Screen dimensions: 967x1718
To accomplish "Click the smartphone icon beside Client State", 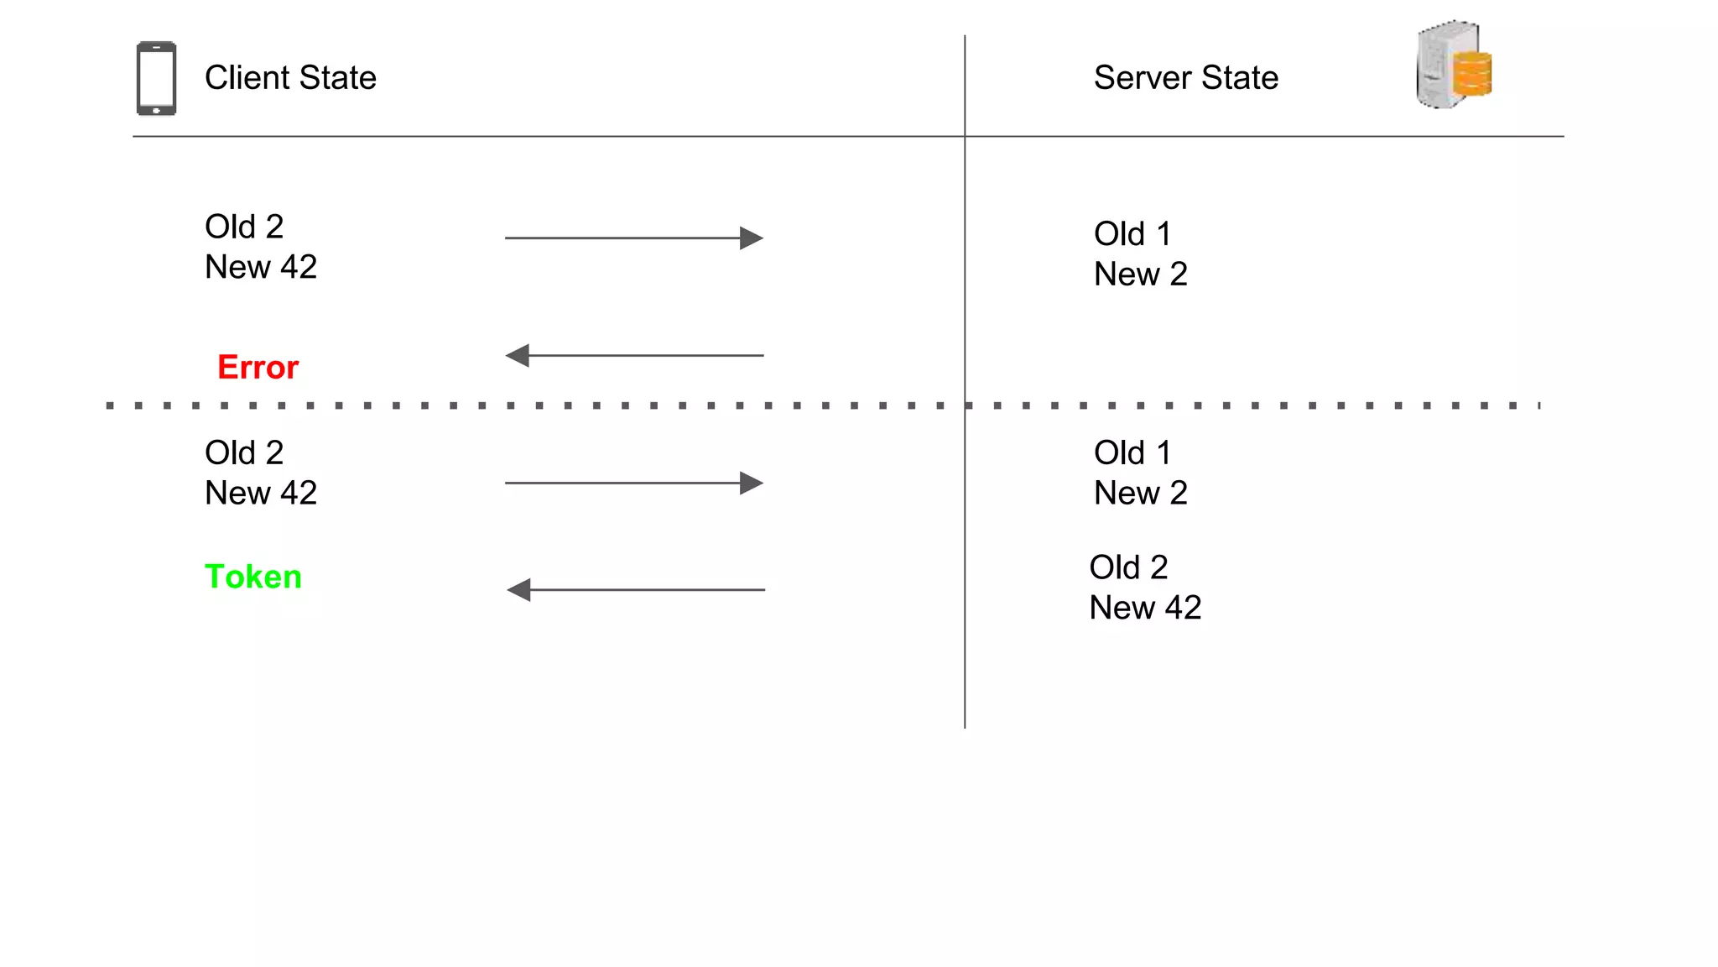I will (x=156, y=78).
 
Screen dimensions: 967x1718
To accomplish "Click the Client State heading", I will (x=290, y=78).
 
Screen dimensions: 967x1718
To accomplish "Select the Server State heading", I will (x=1185, y=78).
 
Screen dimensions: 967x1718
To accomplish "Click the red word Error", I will (x=258, y=368).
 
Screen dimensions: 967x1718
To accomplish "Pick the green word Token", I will (x=252, y=577).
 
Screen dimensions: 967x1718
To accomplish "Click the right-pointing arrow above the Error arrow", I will (x=633, y=238).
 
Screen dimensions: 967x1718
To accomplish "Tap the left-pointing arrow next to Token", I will (x=635, y=590).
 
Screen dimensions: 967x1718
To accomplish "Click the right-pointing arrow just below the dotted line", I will (x=633, y=483).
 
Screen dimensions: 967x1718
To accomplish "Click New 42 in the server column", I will (x=1144, y=608).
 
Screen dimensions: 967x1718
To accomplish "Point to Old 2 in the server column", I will (x=1127, y=567).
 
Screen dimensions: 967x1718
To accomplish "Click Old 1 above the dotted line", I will (x=1132, y=234).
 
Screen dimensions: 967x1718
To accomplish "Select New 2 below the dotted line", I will (x=1140, y=494).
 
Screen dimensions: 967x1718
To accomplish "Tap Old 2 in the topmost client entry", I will (x=244, y=227).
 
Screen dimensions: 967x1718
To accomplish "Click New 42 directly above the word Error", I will (x=261, y=267).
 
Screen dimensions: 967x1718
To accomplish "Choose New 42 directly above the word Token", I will (x=261, y=494).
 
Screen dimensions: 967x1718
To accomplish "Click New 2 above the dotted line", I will (x=1140, y=274).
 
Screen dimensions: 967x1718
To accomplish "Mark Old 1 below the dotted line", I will (x=1132, y=453).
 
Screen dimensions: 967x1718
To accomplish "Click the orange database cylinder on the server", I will (x=1472, y=74).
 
